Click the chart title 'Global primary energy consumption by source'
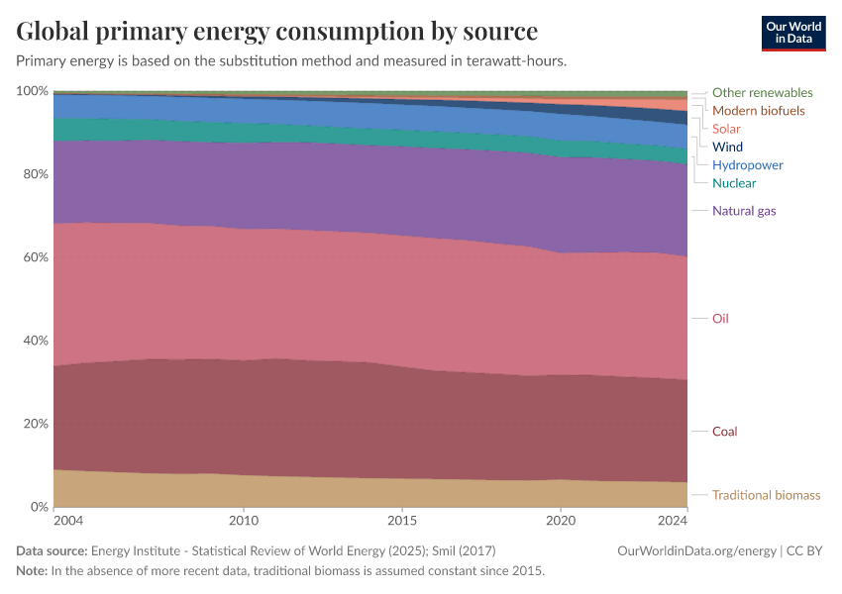tap(277, 31)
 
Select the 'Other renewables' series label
tap(762, 92)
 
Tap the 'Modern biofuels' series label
tap(758, 110)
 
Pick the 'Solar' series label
tap(726, 129)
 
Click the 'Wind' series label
tap(727, 147)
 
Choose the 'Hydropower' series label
tap(747, 164)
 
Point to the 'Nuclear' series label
tap(733, 183)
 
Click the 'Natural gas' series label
tap(744, 211)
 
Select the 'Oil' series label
tap(720, 319)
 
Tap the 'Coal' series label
tap(724, 432)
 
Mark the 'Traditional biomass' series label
tap(766, 495)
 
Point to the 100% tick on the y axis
tap(32, 91)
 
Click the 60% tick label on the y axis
tap(35, 257)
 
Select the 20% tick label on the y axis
tap(35, 424)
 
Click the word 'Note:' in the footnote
tap(32, 571)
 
